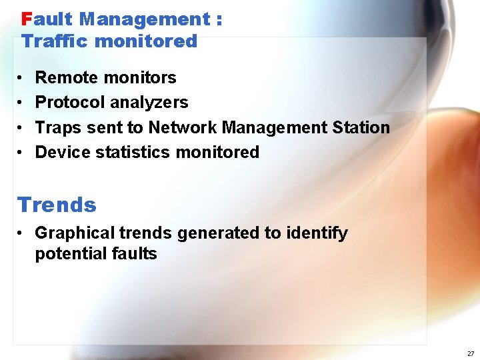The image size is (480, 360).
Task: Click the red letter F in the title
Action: pos(27,19)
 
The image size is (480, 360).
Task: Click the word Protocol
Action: pos(70,103)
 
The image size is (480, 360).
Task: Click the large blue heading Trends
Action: pos(57,205)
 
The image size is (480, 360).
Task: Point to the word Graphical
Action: pos(74,233)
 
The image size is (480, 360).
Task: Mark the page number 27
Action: pos(471,353)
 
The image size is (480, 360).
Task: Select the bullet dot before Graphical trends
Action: pos(22,233)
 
